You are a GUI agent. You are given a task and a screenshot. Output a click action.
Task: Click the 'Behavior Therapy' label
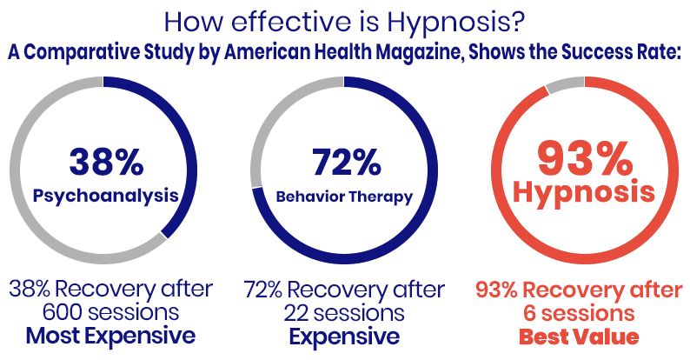(345, 197)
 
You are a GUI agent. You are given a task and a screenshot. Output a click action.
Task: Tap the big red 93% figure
(582, 159)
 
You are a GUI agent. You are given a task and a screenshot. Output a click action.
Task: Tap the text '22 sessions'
(345, 311)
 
